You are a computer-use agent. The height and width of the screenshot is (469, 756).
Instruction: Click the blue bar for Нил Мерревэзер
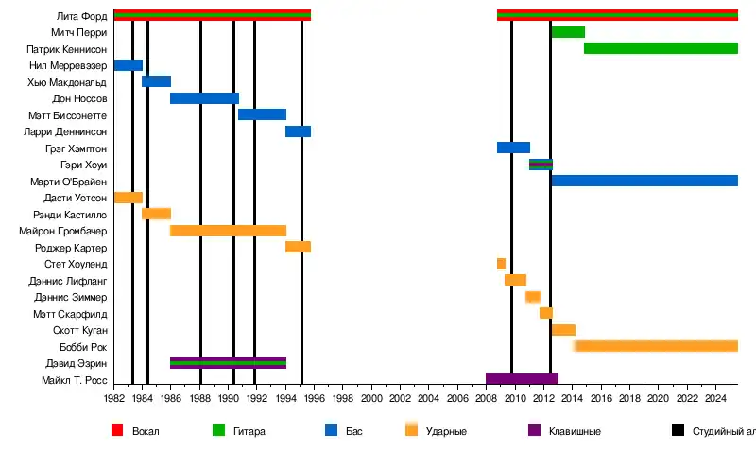point(128,65)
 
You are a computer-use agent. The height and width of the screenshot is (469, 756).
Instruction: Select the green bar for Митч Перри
point(567,32)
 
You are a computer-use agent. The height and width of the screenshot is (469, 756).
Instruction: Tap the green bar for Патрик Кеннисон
point(661,48)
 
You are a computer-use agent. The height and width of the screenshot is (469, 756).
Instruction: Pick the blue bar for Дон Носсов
point(204,98)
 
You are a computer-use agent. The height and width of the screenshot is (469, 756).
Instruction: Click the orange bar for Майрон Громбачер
point(228,231)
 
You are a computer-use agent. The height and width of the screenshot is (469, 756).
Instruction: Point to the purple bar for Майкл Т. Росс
point(522,379)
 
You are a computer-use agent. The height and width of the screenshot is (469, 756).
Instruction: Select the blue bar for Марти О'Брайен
point(644,181)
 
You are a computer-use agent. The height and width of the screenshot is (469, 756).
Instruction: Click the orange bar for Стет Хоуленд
point(501,264)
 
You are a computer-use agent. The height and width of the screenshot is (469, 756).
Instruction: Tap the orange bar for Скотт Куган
point(563,330)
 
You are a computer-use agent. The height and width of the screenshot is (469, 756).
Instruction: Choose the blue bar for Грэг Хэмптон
point(513,148)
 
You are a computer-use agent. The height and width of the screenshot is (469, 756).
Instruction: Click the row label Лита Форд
point(82,16)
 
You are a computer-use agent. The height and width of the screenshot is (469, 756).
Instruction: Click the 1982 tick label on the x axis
point(113,400)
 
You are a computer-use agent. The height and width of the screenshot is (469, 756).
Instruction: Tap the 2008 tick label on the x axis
point(486,400)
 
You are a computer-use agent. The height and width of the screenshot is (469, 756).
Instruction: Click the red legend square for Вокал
point(118,430)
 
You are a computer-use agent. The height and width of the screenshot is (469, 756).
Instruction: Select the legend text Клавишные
point(575,431)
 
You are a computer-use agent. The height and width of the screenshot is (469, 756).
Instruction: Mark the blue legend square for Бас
point(332,430)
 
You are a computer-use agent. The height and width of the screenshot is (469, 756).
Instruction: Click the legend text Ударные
point(444,431)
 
